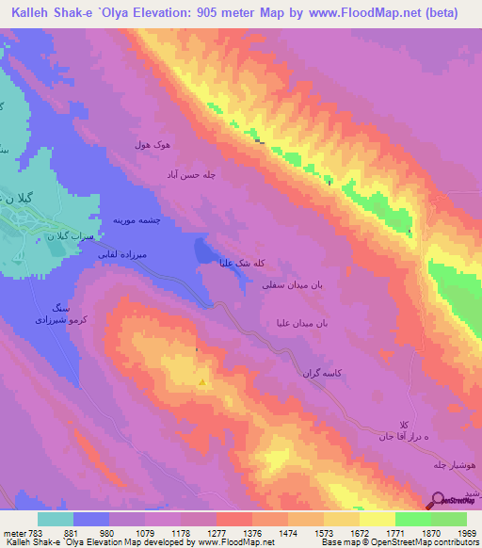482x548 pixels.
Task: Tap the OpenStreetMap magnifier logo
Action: [x=438, y=501]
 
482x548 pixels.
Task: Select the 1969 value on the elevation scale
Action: [x=466, y=534]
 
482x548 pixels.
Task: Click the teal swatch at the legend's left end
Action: [x=56, y=519]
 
